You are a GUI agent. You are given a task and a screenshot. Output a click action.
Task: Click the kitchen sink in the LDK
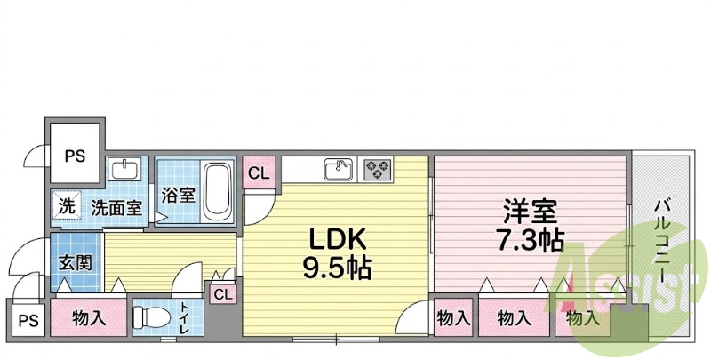[x=338, y=170]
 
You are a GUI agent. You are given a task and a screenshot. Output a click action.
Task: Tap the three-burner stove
[x=377, y=170]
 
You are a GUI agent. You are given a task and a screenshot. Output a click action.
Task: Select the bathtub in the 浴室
[x=218, y=192]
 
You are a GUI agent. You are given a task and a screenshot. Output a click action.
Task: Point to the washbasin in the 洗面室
[x=125, y=170]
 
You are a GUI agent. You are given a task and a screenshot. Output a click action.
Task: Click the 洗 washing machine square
[x=66, y=207]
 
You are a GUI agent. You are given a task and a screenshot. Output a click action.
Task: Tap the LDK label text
[x=338, y=238]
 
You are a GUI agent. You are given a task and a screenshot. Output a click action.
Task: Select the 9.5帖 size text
[x=337, y=268]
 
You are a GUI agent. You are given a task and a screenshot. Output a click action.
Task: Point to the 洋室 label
[x=531, y=212]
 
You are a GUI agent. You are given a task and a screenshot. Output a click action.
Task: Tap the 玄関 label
[x=76, y=262]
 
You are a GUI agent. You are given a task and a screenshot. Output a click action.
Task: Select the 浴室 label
[x=179, y=195]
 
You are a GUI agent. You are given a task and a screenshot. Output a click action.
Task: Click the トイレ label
[x=186, y=318]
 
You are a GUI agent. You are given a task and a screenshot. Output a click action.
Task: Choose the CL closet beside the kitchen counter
[x=259, y=172]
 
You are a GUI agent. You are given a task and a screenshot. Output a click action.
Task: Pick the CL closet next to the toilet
[x=223, y=294]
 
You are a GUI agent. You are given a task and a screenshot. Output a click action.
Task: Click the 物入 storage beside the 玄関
[x=89, y=318]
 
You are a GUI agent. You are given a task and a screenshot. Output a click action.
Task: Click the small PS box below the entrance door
[x=28, y=320]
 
